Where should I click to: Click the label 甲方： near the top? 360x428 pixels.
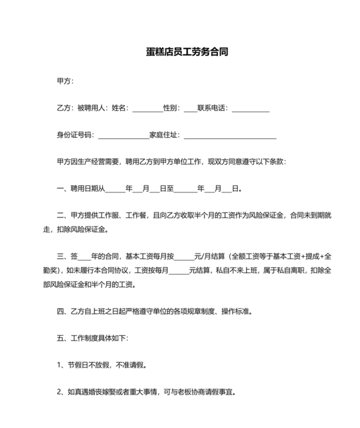pyautogui.click(x=66, y=81)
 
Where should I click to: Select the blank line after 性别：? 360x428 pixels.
pyautogui.click(x=190, y=108)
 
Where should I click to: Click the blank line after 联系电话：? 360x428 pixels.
pyautogui.click(x=250, y=108)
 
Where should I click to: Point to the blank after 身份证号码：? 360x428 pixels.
pyautogui.click(x=122, y=135)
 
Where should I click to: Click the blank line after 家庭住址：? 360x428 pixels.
pyautogui.click(x=230, y=135)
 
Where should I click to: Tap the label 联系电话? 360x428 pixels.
pyautogui.click(x=212, y=108)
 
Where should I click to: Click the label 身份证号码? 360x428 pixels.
pyautogui.click(x=74, y=135)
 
